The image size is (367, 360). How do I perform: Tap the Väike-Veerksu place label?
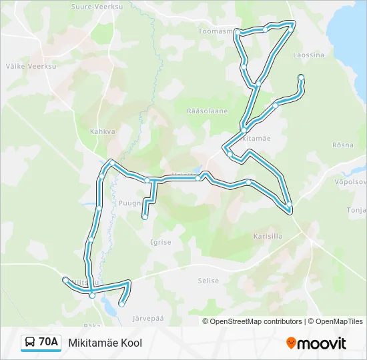(25, 66)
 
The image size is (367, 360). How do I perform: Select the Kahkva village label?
(103, 131)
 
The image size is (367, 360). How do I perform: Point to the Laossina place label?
(308, 55)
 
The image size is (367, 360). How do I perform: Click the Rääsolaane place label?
(208, 111)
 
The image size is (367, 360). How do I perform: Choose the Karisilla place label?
(268, 236)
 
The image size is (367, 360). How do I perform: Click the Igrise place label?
(161, 242)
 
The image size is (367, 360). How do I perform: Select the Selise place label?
(208, 281)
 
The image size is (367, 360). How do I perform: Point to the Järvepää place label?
(148, 319)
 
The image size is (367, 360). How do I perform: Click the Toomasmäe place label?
(216, 31)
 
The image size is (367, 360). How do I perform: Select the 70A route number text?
(49, 343)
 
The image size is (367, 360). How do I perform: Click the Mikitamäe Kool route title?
(105, 343)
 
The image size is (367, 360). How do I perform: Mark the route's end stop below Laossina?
(301, 77)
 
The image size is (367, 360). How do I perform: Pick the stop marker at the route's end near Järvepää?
(121, 305)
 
